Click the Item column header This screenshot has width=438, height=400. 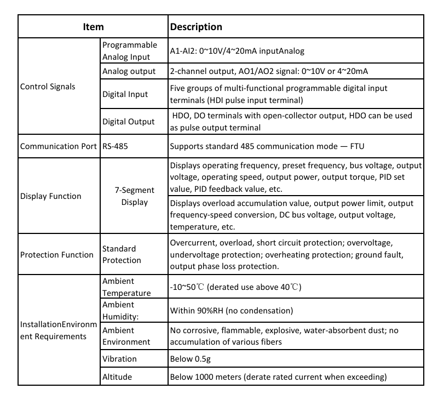click(93, 26)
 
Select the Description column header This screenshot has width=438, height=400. click(196, 26)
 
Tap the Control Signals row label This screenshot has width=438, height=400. click(48, 86)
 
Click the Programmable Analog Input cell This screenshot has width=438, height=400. click(129, 50)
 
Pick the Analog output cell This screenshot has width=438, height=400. click(129, 72)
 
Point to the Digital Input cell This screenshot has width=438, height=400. click(125, 94)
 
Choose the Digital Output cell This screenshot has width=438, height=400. click(129, 122)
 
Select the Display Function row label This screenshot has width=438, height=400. click(50, 196)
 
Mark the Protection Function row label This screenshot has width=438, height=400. click(56, 254)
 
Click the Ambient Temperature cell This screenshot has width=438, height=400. click(126, 287)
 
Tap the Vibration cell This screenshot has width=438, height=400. click(120, 359)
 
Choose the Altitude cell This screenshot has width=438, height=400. click(117, 377)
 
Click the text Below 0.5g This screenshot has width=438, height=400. click(191, 359)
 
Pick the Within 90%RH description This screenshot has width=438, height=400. click(232, 311)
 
